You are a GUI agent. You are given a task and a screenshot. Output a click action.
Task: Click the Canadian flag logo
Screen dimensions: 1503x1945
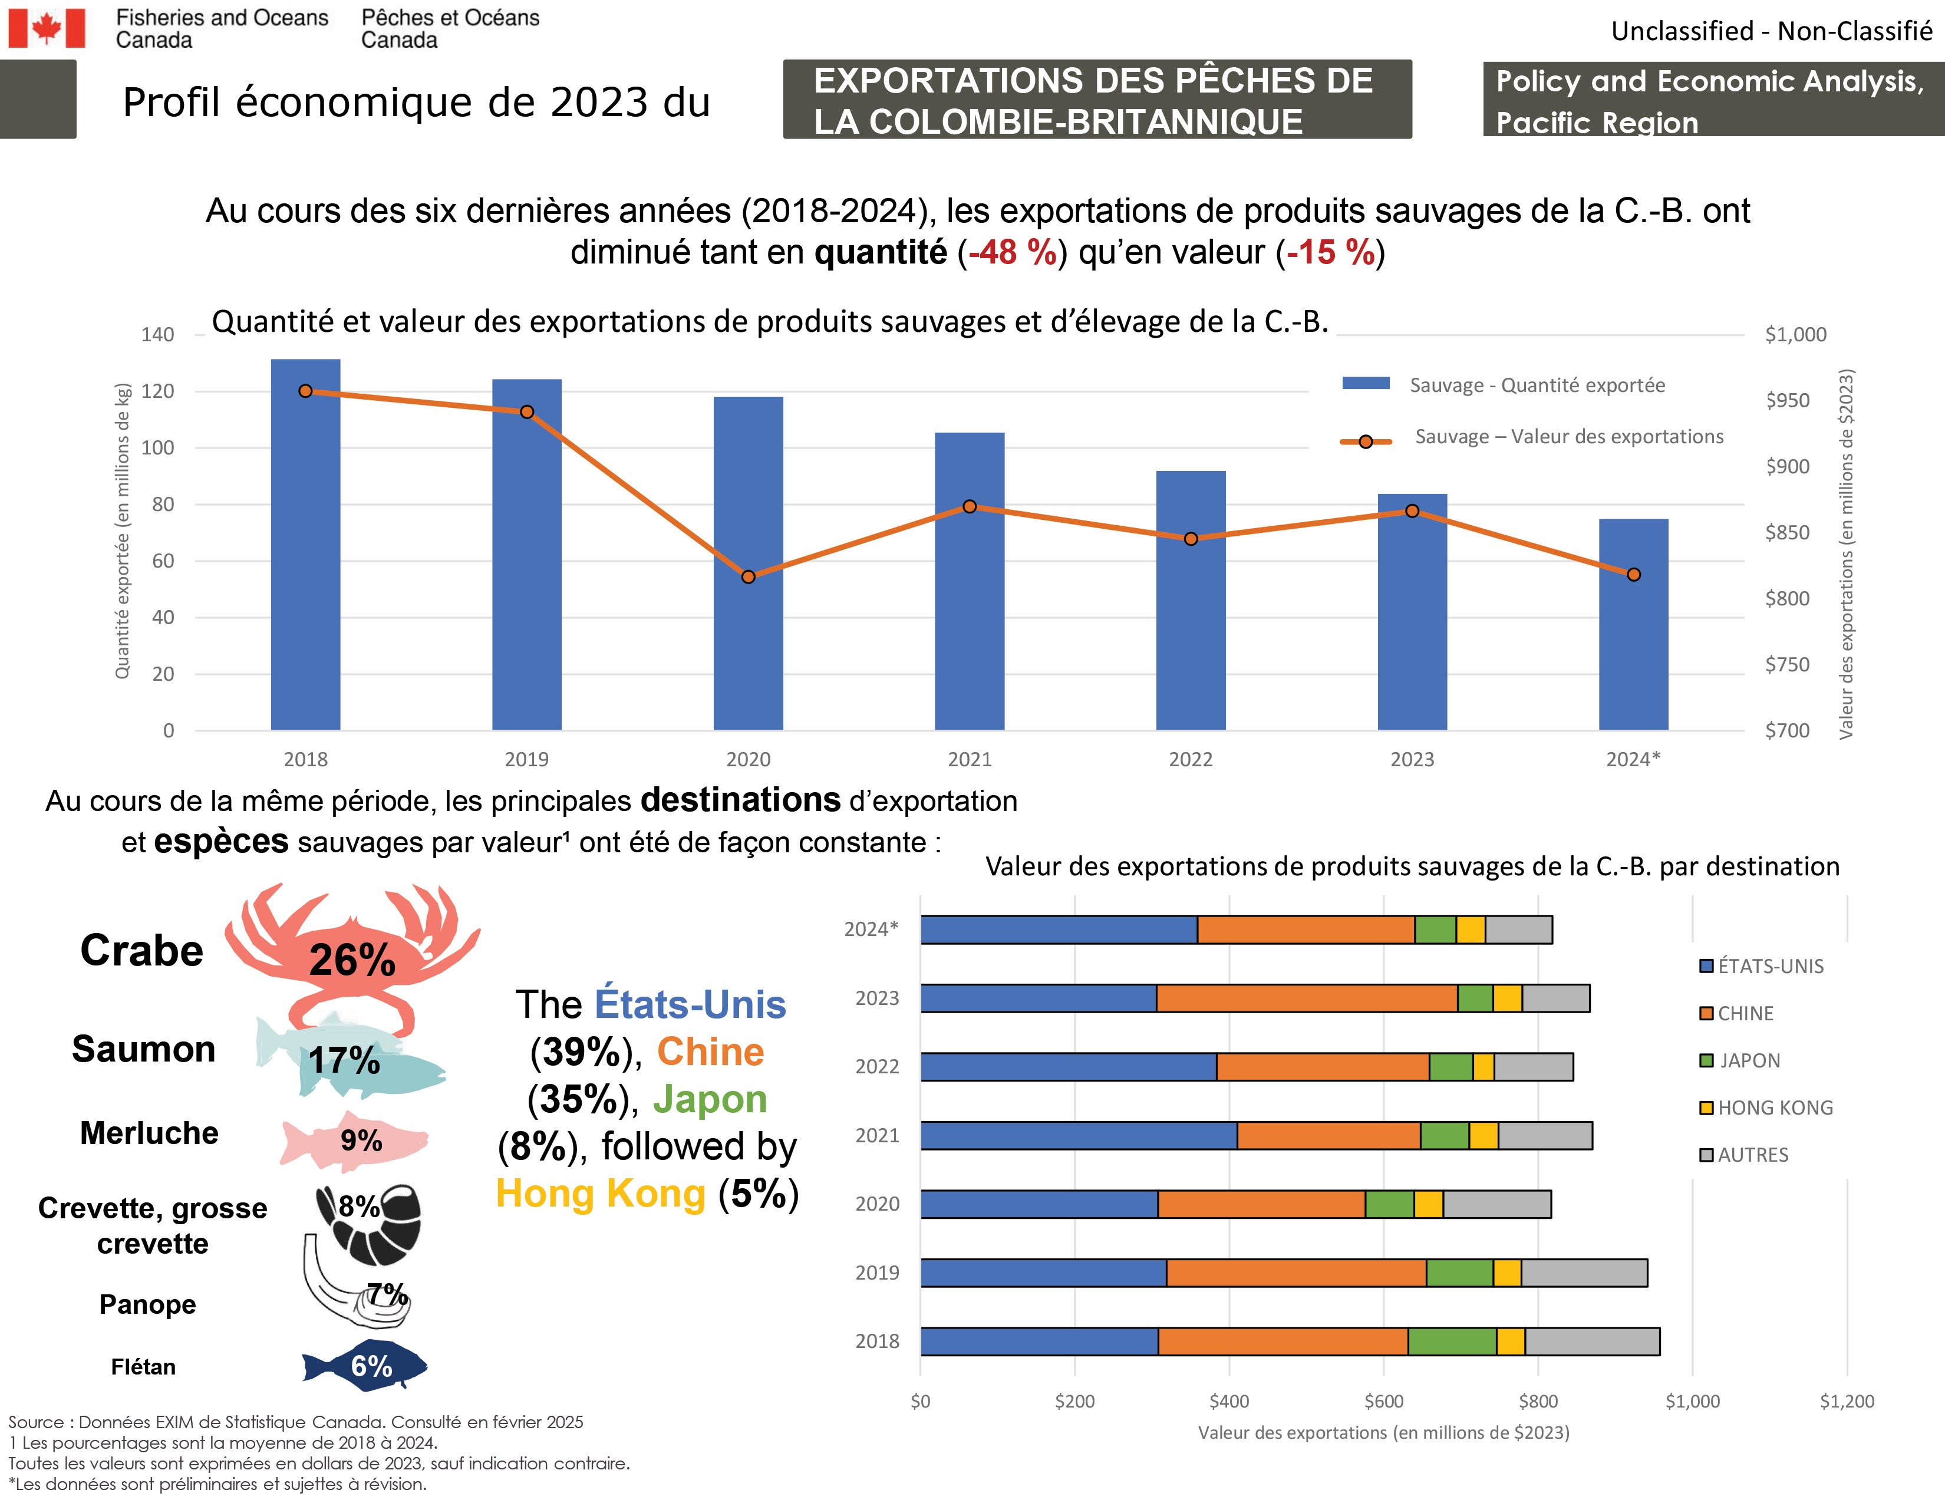[47, 28]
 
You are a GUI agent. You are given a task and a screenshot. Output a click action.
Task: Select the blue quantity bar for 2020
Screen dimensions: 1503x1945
[748, 563]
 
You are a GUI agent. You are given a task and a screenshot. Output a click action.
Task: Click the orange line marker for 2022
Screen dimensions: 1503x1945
[1191, 539]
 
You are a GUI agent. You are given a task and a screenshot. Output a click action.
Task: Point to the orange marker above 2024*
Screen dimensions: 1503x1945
[1633, 574]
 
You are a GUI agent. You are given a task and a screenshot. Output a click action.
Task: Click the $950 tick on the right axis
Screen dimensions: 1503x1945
[1788, 401]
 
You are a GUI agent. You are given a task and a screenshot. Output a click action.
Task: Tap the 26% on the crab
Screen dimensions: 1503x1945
[352, 960]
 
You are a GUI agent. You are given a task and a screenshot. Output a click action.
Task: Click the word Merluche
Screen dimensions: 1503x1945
[149, 1133]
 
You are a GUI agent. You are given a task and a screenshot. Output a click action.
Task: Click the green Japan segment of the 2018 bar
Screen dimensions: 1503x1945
[1452, 1341]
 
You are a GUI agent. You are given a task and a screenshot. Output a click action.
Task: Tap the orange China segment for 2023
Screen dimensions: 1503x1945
[1307, 998]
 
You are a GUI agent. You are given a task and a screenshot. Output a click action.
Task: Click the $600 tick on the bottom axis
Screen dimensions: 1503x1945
[1383, 1400]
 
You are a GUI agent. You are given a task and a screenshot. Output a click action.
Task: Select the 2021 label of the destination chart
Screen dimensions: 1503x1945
[876, 1135]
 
